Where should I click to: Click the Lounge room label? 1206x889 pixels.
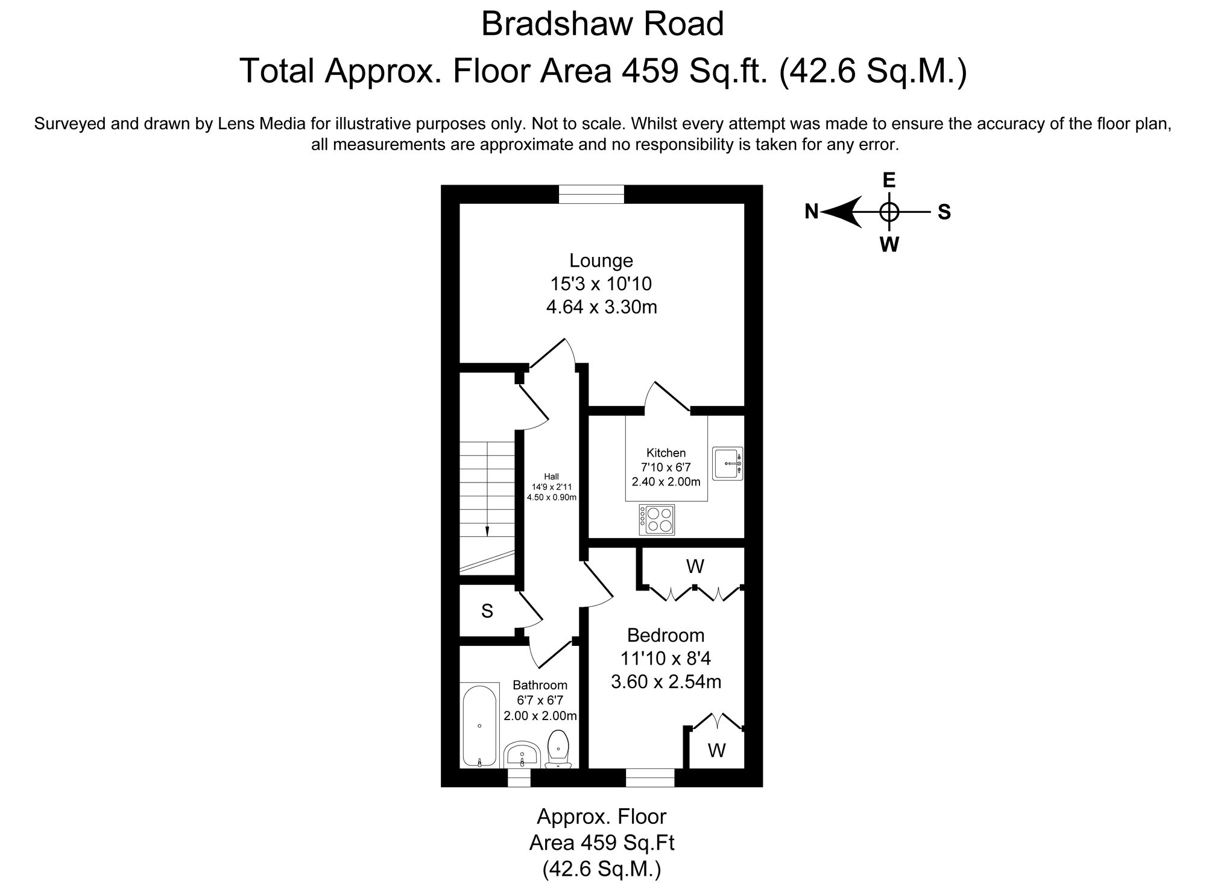pyautogui.click(x=601, y=261)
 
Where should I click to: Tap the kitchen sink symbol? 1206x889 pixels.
pyautogui.click(x=728, y=463)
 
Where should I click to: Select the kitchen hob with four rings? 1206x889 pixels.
pyautogui.click(x=657, y=520)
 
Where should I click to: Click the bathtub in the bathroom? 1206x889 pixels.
pyautogui.click(x=479, y=726)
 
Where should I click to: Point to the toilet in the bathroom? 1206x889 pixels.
pyautogui.click(x=558, y=750)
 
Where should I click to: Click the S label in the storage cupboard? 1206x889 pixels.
pyautogui.click(x=487, y=612)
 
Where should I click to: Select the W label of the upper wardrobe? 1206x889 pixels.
pyautogui.click(x=695, y=566)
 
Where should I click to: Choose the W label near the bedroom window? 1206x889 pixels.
pyautogui.click(x=716, y=750)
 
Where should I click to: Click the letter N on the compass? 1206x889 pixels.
pyautogui.click(x=812, y=212)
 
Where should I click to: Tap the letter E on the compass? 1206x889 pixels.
pyautogui.click(x=889, y=180)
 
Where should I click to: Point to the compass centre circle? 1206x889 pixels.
pyautogui.click(x=889, y=212)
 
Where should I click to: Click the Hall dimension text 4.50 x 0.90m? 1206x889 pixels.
pyautogui.click(x=552, y=498)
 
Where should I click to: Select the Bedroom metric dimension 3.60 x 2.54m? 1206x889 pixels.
pyautogui.click(x=666, y=682)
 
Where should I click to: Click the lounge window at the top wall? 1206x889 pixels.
pyautogui.click(x=591, y=195)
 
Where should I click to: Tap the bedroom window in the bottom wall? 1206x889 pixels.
pyautogui.click(x=649, y=777)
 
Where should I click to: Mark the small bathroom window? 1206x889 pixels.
pyautogui.click(x=519, y=777)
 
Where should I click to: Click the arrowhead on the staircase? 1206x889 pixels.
pyautogui.click(x=487, y=531)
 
